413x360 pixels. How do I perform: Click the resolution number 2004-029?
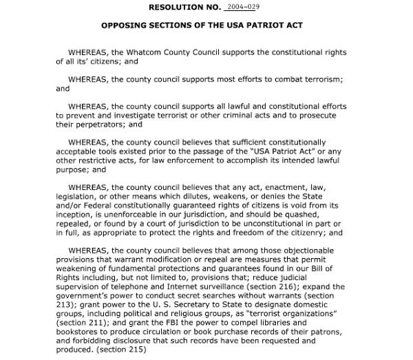[x=240, y=8]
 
